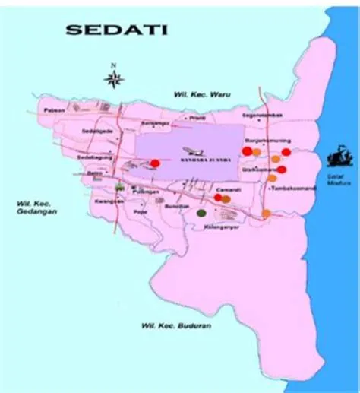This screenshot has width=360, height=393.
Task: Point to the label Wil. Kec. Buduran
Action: coord(175,326)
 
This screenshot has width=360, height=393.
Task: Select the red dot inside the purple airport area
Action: coord(155,163)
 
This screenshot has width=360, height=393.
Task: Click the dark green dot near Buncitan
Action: coord(201,214)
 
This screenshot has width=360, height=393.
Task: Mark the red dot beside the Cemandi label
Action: coord(218,198)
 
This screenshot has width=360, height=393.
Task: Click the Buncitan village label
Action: coord(176,206)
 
